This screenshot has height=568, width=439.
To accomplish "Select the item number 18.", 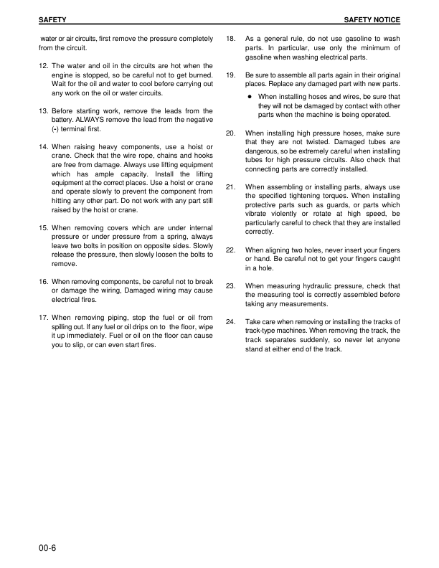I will click(231, 38).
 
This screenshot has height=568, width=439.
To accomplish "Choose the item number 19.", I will click(231, 75).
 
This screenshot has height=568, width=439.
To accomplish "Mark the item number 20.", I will click(231, 133).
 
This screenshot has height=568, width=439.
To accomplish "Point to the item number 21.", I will click(231, 187).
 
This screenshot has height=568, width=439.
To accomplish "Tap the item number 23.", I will click(231, 285).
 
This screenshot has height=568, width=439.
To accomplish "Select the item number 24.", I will click(231, 322).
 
